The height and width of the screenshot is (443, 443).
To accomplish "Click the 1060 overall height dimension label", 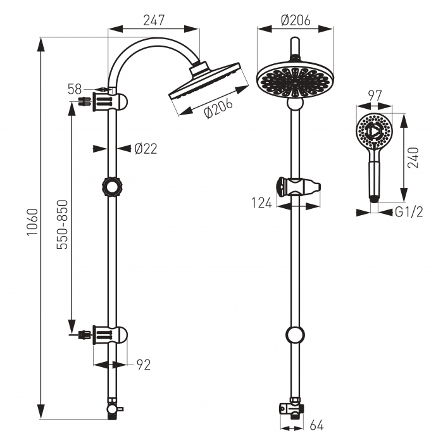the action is click(x=32, y=221).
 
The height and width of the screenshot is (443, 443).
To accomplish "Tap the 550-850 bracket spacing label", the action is click(x=62, y=225).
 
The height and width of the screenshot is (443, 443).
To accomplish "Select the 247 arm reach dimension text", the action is click(x=154, y=20).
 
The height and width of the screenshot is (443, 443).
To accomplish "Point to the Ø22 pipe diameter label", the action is click(x=146, y=149).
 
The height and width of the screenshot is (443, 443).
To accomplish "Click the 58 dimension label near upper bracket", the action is click(x=75, y=89).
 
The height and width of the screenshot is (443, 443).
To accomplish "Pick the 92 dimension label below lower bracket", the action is click(x=144, y=365).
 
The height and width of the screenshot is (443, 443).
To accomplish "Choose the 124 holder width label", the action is click(x=261, y=203).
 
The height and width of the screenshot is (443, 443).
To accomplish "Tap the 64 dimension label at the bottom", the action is click(x=316, y=425).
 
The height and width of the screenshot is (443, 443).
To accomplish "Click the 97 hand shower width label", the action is click(x=375, y=96).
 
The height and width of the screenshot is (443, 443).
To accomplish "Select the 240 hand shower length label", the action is click(x=413, y=158).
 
